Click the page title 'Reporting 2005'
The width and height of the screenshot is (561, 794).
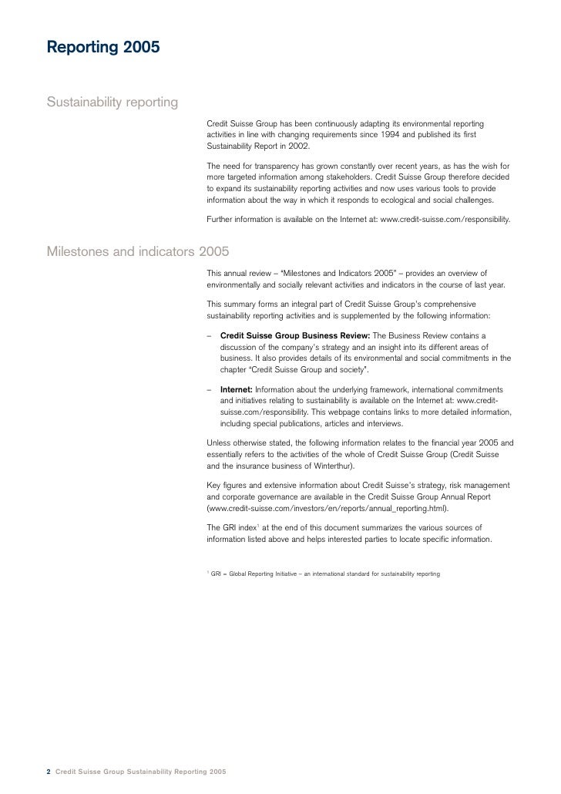(x=103, y=49)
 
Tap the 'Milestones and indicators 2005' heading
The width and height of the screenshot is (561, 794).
(x=138, y=251)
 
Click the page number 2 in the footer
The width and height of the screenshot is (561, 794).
(x=49, y=772)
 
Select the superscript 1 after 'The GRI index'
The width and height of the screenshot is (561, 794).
(x=258, y=524)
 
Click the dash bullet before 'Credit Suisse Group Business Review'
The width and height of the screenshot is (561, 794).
(x=210, y=336)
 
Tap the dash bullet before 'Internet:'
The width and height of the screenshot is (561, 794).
(x=210, y=390)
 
